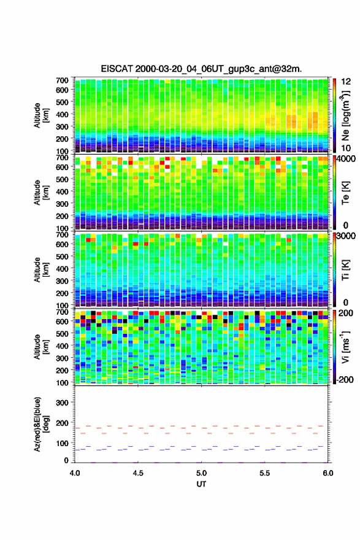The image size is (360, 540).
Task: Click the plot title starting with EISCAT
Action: [201, 69]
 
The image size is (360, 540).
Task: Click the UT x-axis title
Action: [201, 484]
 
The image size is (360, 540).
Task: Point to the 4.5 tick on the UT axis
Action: [138, 473]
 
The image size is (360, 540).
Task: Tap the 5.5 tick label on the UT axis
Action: [265, 473]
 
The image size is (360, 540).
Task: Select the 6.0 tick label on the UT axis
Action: [328, 473]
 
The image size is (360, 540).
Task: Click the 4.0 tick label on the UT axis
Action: [75, 473]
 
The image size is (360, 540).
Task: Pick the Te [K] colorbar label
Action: [345, 193]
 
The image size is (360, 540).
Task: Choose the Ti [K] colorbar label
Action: [345, 270]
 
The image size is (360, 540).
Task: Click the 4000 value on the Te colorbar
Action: [346, 159]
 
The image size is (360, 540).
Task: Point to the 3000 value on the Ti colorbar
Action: [346, 236]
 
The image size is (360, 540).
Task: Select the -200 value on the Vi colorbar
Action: [345, 379]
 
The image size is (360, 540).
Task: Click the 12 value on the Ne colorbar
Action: [346, 82]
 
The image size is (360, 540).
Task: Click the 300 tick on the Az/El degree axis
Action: [62, 403]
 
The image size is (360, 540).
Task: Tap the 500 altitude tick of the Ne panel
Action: [62, 102]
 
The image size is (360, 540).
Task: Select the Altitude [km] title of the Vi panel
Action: [41, 347]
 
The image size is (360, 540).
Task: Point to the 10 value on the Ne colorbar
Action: [346, 148]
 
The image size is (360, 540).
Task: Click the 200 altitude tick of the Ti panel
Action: [62, 293]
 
